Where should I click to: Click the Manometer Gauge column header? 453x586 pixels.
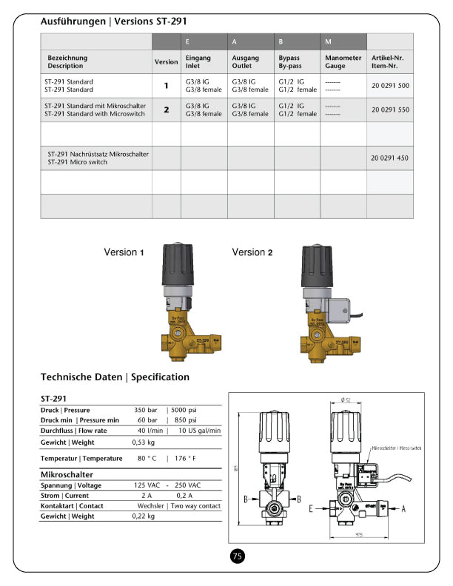(343, 61)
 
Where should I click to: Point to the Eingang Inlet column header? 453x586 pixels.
(198, 61)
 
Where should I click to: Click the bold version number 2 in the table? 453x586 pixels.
(167, 110)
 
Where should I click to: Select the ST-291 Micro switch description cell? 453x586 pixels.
(98, 158)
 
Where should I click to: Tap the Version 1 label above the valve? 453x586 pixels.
(124, 252)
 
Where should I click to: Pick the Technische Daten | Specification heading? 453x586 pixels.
(115, 377)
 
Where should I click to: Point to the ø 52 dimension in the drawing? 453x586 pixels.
(345, 400)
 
